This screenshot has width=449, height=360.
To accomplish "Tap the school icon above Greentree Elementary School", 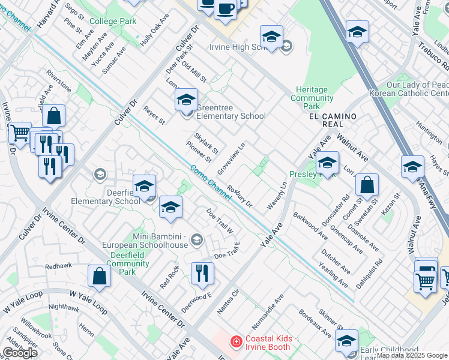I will tap(186, 99).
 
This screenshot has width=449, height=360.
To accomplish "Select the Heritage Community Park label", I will tap(312, 94).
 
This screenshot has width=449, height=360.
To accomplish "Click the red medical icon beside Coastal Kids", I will tap(237, 343).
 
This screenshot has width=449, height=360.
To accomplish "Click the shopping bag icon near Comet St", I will tap(367, 185).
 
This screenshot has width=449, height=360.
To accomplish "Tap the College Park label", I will tap(113, 21).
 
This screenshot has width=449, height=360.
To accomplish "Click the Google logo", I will tap(20, 352).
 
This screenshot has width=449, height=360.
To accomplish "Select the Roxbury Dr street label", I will tap(243, 196).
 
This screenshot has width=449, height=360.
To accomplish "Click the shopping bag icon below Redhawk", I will tap(99, 275).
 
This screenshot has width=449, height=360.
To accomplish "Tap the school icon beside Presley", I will tap(327, 163).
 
